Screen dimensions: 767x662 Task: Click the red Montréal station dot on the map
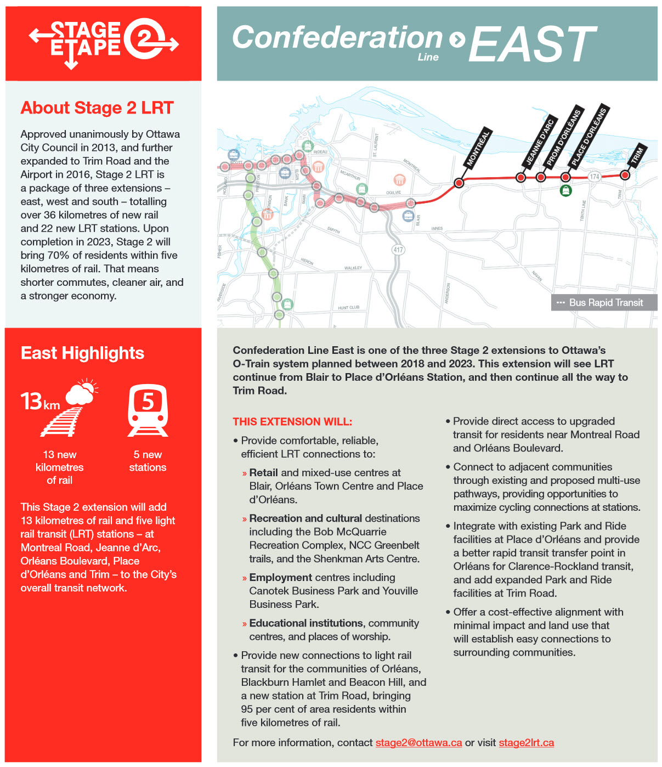(x=459, y=183)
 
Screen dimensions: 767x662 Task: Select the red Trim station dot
(x=625, y=175)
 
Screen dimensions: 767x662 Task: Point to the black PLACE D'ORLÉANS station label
(x=589, y=137)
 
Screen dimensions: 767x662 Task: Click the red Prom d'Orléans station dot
(x=541, y=177)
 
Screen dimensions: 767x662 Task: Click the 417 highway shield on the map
(x=398, y=250)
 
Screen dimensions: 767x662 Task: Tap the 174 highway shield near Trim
(x=595, y=176)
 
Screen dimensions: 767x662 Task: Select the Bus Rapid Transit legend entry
(x=604, y=302)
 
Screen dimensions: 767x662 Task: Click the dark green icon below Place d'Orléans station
(x=565, y=190)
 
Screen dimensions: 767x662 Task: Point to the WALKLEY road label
(x=353, y=268)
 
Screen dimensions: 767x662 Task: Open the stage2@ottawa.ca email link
(x=418, y=742)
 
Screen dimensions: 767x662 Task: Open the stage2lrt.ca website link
(x=526, y=742)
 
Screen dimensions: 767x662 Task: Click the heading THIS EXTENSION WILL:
(x=292, y=421)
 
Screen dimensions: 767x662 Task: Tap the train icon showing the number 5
(x=148, y=410)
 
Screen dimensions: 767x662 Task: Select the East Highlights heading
(x=82, y=353)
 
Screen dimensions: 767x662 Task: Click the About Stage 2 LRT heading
(x=97, y=108)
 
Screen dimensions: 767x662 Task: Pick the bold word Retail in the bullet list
(x=263, y=472)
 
